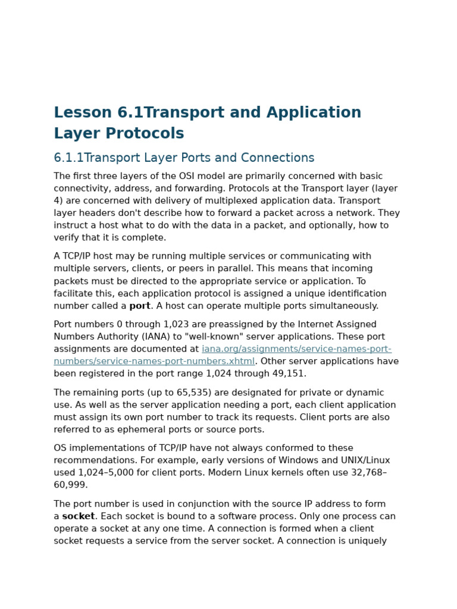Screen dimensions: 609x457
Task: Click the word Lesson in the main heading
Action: tap(83, 113)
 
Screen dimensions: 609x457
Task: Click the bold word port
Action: tap(140, 306)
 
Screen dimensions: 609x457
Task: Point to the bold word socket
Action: tap(79, 517)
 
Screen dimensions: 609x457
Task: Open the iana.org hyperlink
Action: tap(296, 349)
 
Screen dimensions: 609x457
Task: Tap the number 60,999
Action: tap(71, 485)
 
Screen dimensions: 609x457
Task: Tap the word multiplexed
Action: tap(236, 201)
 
